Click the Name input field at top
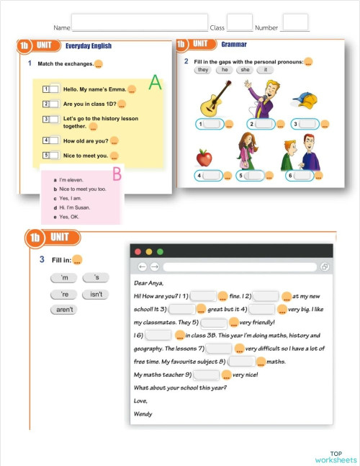(140, 23)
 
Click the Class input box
(240, 23)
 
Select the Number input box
(294, 23)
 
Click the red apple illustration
(205, 156)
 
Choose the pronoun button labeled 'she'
(245, 70)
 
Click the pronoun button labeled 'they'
(203, 70)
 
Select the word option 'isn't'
(96, 295)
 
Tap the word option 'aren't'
(65, 310)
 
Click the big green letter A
(155, 84)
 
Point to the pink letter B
(117, 173)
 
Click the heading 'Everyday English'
(88, 46)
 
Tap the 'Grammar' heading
(234, 45)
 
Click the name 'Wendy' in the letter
(143, 413)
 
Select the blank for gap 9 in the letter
(207, 375)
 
